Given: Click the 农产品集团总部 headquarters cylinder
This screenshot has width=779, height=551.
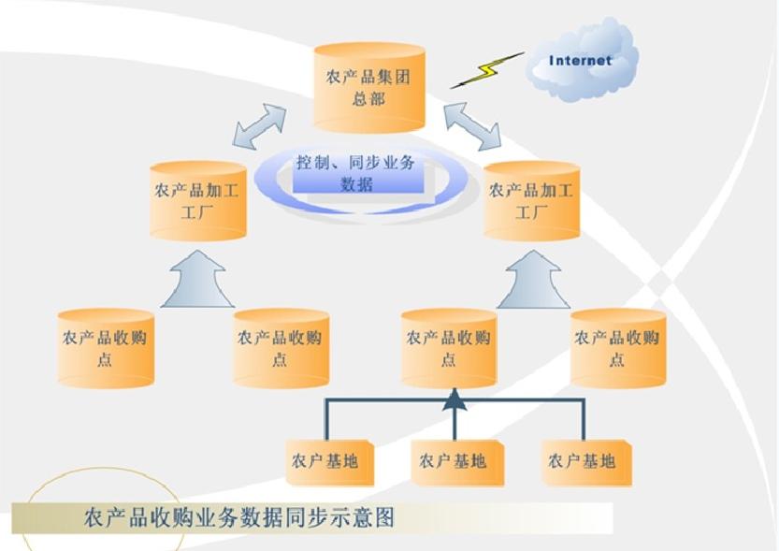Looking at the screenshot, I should click(368, 87).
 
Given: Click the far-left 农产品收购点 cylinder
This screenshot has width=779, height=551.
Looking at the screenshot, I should click(105, 348).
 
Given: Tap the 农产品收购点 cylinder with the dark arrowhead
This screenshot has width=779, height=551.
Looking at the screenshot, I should click(448, 348).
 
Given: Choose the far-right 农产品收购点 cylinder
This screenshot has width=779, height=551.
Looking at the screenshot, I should click(617, 348).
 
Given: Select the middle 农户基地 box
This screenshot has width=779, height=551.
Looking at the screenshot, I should click(454, 461).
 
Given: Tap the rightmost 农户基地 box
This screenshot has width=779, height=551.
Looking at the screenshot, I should click(584, 461).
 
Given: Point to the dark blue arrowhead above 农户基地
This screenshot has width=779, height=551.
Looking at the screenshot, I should click(454, 400).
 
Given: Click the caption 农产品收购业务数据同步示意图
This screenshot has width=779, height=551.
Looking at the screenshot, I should click(239, 517).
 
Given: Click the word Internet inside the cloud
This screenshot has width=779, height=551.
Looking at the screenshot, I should click(580, 61).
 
